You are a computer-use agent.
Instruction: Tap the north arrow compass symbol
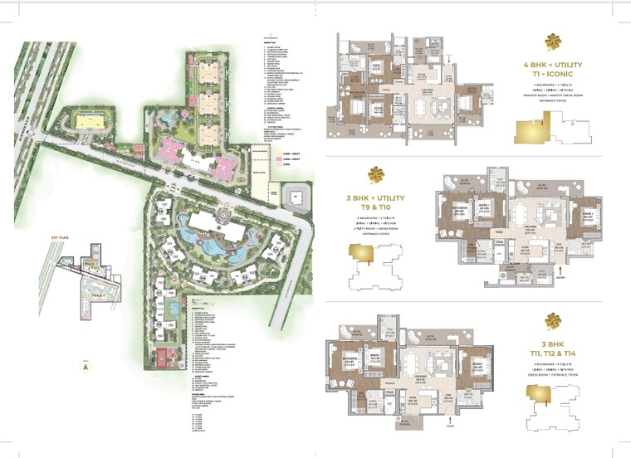(x=87, y=366)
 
